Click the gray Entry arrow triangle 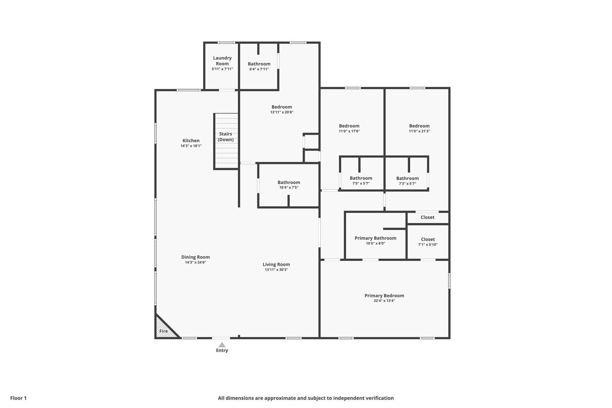point(222,345)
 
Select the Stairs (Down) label point(226,137)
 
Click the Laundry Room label point(223,61)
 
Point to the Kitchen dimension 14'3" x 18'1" point(191,146)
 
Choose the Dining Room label point(196,257)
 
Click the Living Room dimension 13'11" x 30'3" point(276,270)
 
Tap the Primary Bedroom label point(384,296)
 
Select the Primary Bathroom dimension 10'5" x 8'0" point(376,244)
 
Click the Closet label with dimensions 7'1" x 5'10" point(428,240)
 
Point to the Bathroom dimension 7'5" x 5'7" point(361,183)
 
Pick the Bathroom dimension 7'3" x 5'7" point(407,184)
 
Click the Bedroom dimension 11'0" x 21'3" point(419,131)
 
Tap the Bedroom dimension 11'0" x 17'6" point(349,131)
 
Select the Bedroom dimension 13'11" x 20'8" point(282,112)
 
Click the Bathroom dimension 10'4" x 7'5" point(289,187)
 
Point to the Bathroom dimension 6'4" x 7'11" point(259,69)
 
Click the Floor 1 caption point(18,398)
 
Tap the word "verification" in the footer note point(378,398)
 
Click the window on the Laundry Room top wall point(226,43)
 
